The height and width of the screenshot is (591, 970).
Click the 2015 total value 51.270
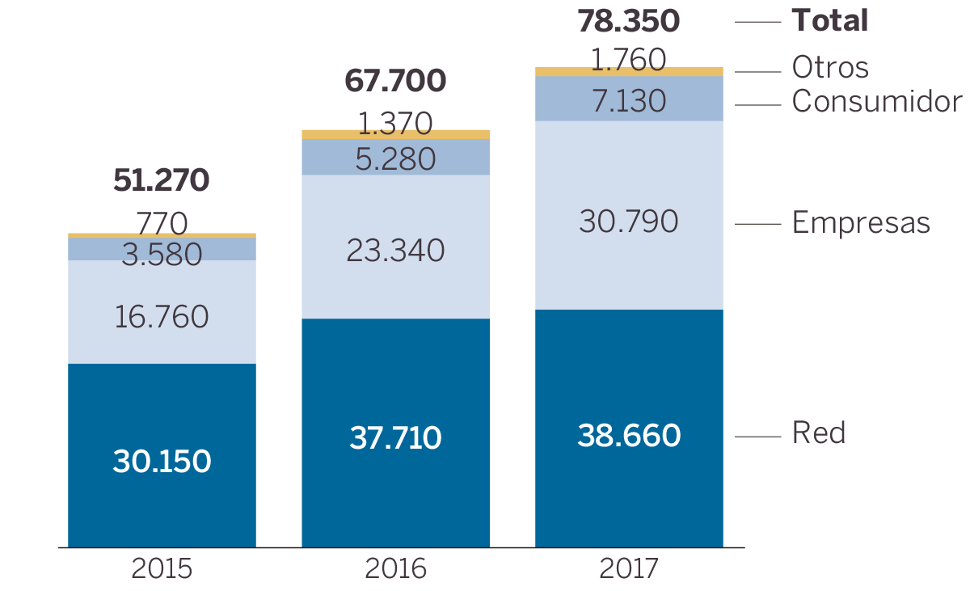click(162, 181)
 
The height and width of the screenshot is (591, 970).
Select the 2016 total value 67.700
click(395, 81)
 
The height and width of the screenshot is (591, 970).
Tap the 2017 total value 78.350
click(628, 22)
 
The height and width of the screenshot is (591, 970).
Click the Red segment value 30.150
click(162, 462)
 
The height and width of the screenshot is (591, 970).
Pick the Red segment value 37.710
click(395, 438)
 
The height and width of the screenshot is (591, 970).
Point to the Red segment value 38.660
click(629, 436)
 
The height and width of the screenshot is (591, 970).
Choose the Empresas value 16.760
click(162, 317)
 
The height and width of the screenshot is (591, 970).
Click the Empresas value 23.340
click(395, 251)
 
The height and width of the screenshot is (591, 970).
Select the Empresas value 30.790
click(629, 221)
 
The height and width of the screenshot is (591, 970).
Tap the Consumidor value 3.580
click(162, 255)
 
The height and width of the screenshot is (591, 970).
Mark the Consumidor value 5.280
click(395, 159)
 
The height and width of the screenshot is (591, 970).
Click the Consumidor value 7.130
click(629, 102)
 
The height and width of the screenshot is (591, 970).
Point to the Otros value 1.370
click(395, 124)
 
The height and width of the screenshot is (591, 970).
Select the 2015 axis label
click(162, 569)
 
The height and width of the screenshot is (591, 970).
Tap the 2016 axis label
click(395, 569)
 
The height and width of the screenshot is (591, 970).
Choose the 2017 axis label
click(629, 569)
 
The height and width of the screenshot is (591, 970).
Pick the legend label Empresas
click(861, 222)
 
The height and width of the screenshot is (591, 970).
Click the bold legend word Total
click(829, 21)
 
